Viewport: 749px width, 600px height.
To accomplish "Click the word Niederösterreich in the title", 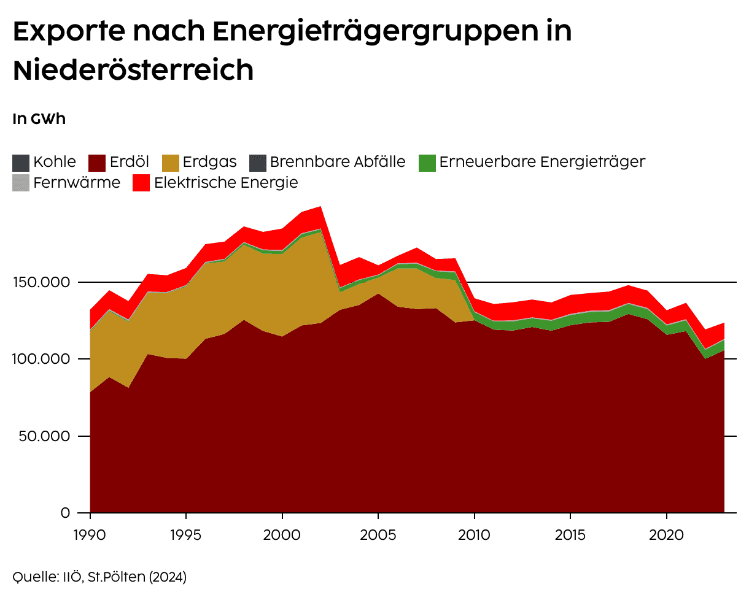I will pyautogui.click(x=133, y=71).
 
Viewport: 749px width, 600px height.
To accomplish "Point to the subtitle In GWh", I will pyautogui.click(x=39, y=119).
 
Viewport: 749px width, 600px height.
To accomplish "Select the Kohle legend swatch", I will pyautogui.click(x=21, y=163).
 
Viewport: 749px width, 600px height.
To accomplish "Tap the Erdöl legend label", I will pyautogui.click(x=130, y=162).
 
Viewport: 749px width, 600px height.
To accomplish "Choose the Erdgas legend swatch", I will pyautogui.click(x=171, y=163).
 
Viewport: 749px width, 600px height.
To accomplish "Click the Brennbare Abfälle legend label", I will pyautogui.click(x=338, y=162).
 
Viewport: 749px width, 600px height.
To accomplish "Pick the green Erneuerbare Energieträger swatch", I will pyautogui.click(x=427, y=163).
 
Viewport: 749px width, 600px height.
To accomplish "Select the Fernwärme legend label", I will pyautogui.click(x=77, y=182).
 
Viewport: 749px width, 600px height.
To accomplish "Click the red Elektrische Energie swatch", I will pyautogui.click(x=141, y=183).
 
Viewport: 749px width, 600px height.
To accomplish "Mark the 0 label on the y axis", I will pyautogui.click(x=65, y=512).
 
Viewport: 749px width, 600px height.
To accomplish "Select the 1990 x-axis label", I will pyautogui.click(x=90, y=534).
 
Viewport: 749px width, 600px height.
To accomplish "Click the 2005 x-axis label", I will pyautogui.click(x=378, y=534).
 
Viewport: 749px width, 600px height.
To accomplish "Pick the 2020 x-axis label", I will pyautogui.click(x=667, y=534).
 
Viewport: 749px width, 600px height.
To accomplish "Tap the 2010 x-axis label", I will pyautogui.click(x=475, y=534).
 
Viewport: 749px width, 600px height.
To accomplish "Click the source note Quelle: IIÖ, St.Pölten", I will pyautogui.click(x=99, y=577).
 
